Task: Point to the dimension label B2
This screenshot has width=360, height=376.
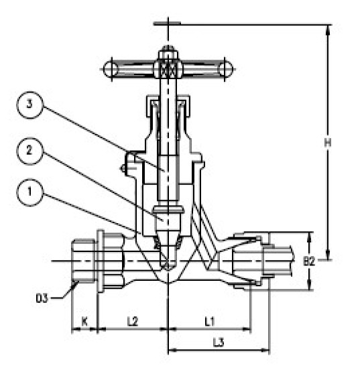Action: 310,261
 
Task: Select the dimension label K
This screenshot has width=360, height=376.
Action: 84,322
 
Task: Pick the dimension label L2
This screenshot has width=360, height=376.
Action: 132,322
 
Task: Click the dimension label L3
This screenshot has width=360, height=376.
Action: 218,342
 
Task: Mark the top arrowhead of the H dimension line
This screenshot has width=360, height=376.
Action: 328,28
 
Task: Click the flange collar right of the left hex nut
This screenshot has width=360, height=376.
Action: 101,261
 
